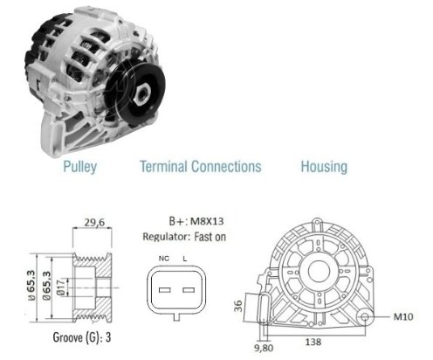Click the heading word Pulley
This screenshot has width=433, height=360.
tap(80, 167)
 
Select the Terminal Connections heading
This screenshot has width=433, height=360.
tap(201, 166)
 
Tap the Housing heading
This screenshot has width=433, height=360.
tap(324, 167)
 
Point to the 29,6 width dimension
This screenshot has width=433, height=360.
tap(94, 223)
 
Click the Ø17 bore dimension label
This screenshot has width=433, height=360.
tap(61, 287)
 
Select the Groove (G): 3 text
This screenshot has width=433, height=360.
tap(82, 337)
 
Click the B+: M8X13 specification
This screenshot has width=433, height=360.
tap(196, 221)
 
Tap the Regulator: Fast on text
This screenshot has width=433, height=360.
tap(184, 237)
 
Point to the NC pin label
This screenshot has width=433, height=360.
tap(164, 259)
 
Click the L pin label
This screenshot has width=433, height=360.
tap(185, 259)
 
